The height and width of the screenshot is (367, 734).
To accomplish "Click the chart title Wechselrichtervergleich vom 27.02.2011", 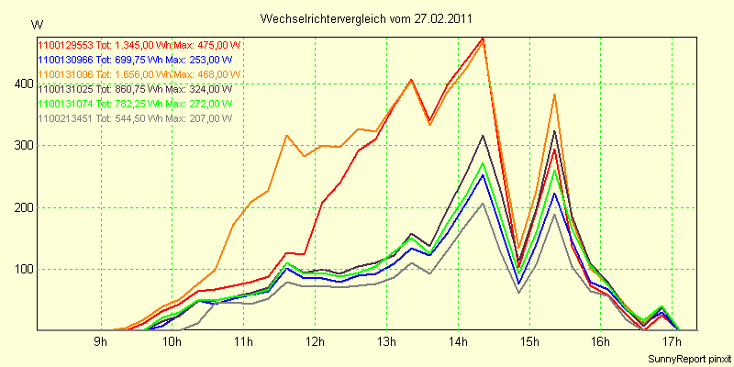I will pyautogui.click(x=368, y=18).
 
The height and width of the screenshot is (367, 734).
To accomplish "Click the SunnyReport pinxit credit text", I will pyautogui.click(x=686, y=357).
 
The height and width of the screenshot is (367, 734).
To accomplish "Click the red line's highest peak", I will pyautogui.click(x=483, y=38).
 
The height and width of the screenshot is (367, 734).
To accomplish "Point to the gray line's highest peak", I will pyautogui.click(x=483, y=203).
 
